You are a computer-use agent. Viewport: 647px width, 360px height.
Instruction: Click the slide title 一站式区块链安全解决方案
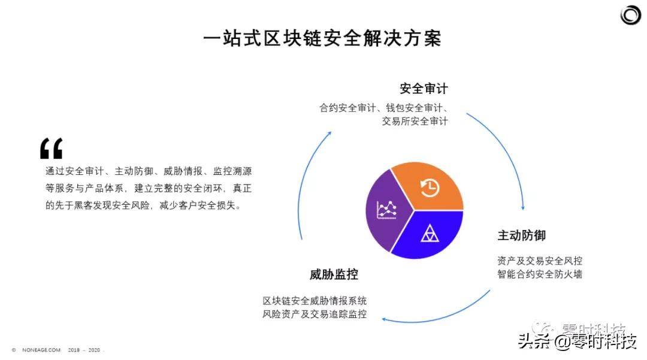(x=322, y=38)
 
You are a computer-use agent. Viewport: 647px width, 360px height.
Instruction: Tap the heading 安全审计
(x=424, y=89)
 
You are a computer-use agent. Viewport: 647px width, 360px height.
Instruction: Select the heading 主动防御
(x=522, y=235)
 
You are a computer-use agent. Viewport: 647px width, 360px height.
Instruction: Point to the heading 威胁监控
(x=334, y=274)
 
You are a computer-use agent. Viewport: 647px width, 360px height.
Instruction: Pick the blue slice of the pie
(x=429, y=235)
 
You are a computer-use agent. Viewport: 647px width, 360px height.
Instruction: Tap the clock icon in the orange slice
(x=430, y=187)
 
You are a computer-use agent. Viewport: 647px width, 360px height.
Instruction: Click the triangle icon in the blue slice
(x=430, y=233)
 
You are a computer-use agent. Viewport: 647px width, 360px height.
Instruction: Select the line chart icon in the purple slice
(x=386, y=210)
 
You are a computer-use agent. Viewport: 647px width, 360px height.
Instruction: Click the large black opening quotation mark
(x=51, y=149)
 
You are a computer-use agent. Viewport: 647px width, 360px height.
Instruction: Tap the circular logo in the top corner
(x=630, y=15)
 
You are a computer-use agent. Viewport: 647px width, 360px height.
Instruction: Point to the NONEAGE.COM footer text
(x=41, y=350)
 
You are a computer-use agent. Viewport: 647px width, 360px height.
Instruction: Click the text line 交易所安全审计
(x=415, y=121)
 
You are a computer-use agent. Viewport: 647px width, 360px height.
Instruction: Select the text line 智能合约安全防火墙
(x=540, y=274)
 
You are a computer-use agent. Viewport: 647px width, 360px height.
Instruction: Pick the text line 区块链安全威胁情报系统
(x=315, y=301)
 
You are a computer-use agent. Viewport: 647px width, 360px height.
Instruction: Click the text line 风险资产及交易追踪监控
(x=315, y=314)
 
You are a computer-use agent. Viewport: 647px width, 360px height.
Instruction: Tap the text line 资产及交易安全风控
(x=540, y=261)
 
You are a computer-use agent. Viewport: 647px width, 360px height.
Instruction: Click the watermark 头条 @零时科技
(x=578, y=341)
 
